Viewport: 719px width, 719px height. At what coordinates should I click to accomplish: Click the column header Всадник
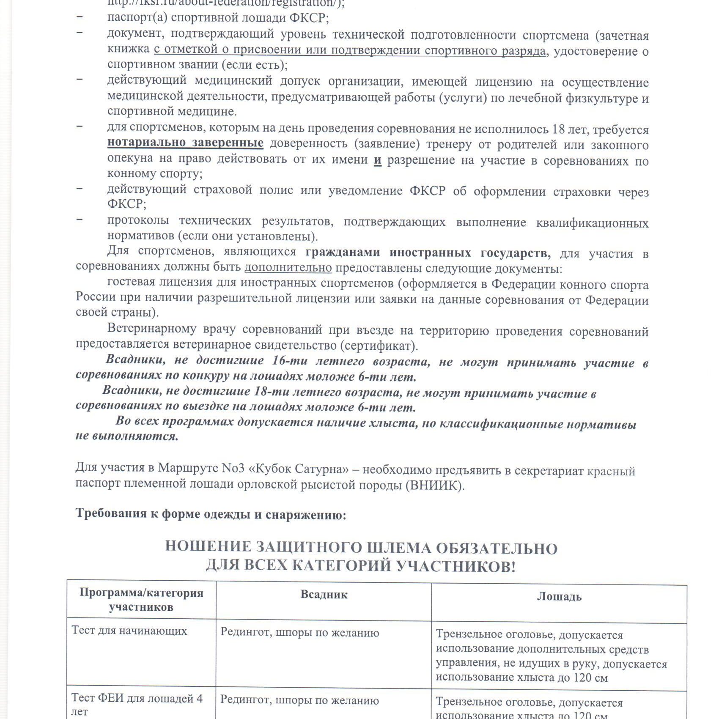pos(324,595)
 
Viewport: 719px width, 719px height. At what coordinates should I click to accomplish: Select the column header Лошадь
pos(559,596)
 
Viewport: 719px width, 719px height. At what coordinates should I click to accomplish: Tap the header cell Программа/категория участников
pos(141,600)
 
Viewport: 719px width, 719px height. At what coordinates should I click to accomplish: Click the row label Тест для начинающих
pos(129,631)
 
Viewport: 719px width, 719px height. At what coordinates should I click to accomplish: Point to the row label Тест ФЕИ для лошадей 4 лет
pos(137,704)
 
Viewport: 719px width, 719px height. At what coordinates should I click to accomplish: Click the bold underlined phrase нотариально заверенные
pos(185,143)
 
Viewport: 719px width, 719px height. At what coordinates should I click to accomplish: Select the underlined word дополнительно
pos(288,268)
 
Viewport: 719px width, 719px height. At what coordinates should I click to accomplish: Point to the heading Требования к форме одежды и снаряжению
pos(211,514)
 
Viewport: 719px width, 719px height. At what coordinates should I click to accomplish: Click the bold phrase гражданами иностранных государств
pos(428,253)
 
